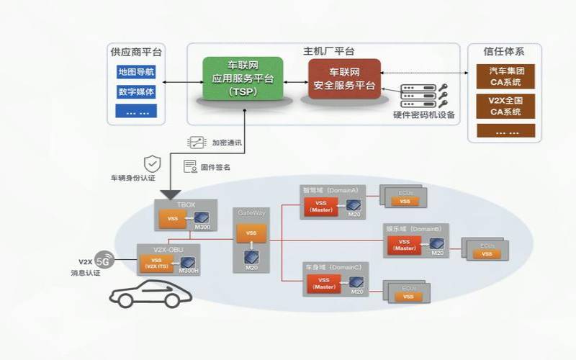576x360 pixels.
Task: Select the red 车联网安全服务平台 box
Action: click(344, 79)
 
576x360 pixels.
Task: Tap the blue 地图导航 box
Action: click(136, 73)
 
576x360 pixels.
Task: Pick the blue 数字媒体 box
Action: click(136, 92)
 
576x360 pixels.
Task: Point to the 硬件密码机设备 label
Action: click(424, 115)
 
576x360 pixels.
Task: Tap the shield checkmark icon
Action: click(152, 163)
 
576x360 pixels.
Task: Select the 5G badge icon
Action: click(105, 259)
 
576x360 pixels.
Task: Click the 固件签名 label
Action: click(220, 167)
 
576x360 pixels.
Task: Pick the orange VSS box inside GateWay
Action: click(251, 233)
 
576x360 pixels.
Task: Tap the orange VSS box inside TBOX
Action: click(173, 217)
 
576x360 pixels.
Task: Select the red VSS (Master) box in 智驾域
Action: click(321, 207)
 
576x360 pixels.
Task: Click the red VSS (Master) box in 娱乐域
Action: click(405, 245)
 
